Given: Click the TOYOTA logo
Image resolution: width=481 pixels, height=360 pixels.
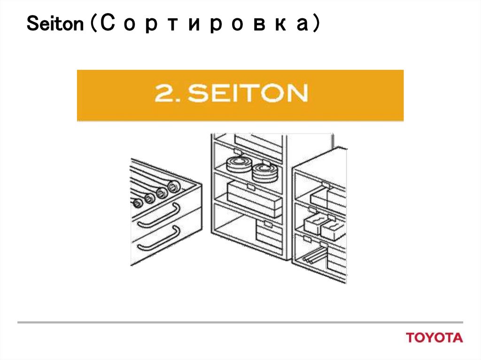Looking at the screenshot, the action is (x=434, y=337).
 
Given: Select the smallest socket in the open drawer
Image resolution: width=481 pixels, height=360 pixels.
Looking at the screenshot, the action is (x=138, y=204).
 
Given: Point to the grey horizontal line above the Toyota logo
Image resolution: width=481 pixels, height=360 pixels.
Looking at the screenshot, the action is (x=240, y=322).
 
